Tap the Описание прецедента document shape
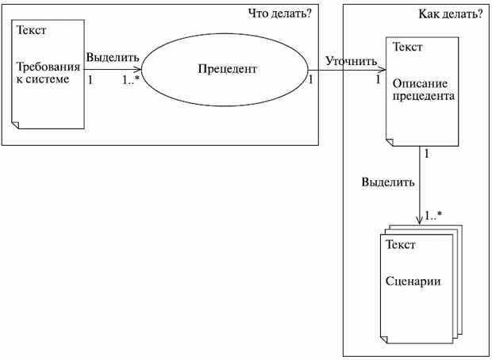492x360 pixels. click(421, 91)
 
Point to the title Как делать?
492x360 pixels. click(450, 13)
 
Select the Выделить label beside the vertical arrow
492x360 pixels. click(387, 181)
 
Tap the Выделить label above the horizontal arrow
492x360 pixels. click(113, 57)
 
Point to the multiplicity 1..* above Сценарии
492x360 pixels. click(433, 215)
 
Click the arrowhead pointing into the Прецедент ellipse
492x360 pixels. click(139, 69)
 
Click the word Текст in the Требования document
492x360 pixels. click(30, 31)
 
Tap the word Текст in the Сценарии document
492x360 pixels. click(400, 245)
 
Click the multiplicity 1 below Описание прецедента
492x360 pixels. click(428, 153)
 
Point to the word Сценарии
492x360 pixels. click(413, 282)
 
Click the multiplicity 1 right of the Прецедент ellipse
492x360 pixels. click(310, 79)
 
